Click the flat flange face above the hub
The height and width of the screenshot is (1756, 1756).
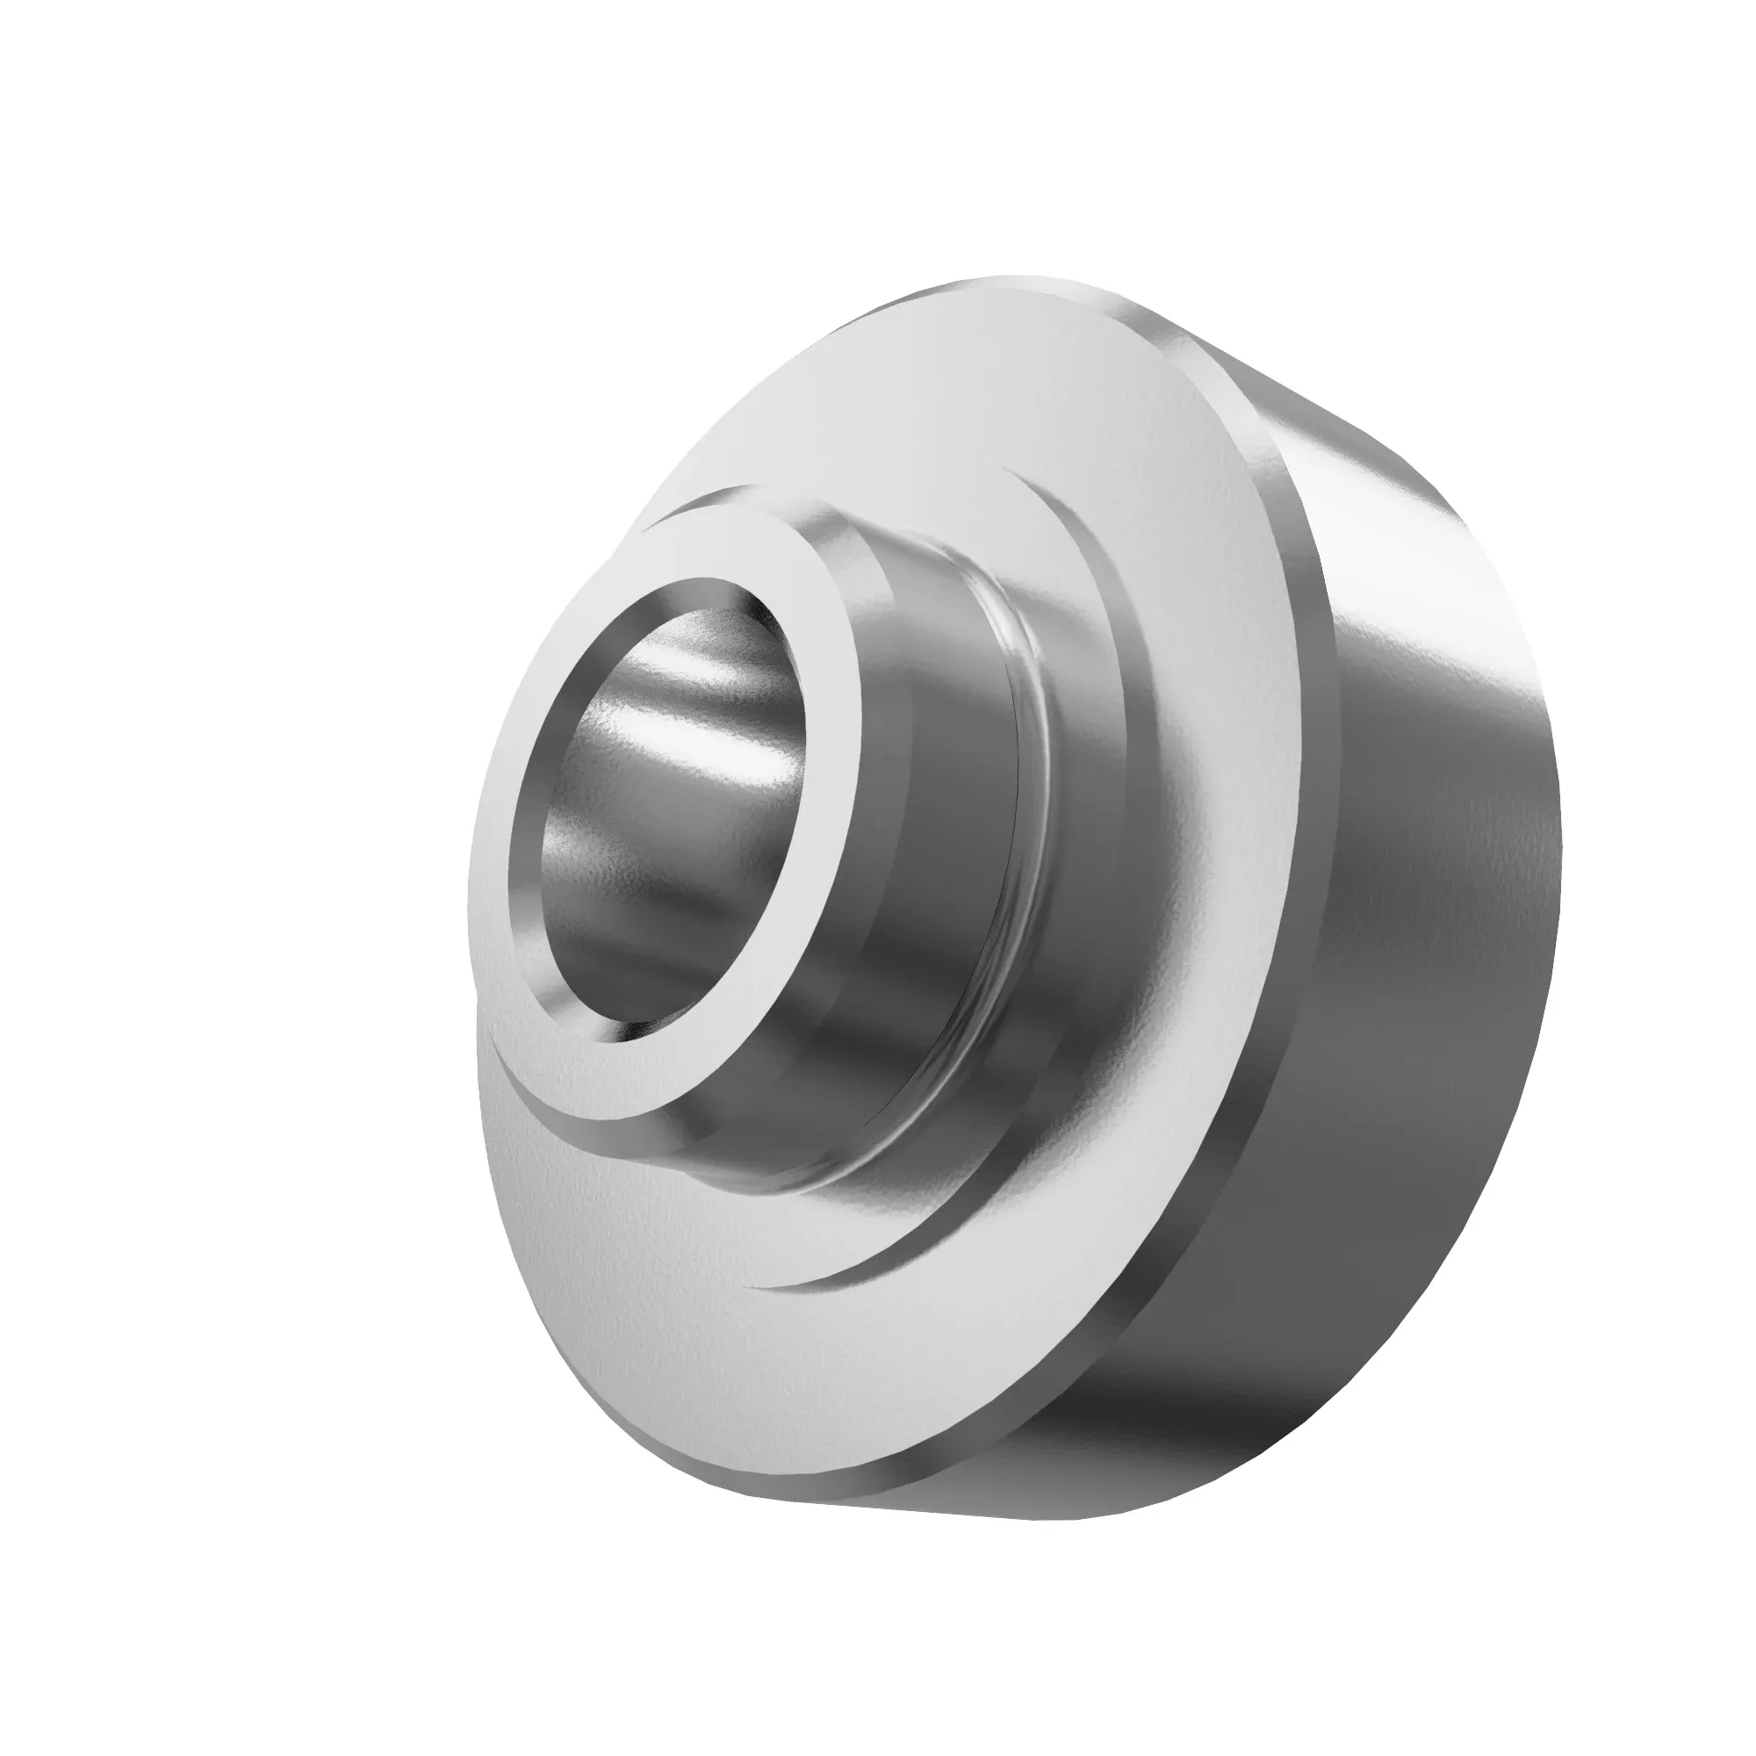pyautogui.click(x=909, y=409)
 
